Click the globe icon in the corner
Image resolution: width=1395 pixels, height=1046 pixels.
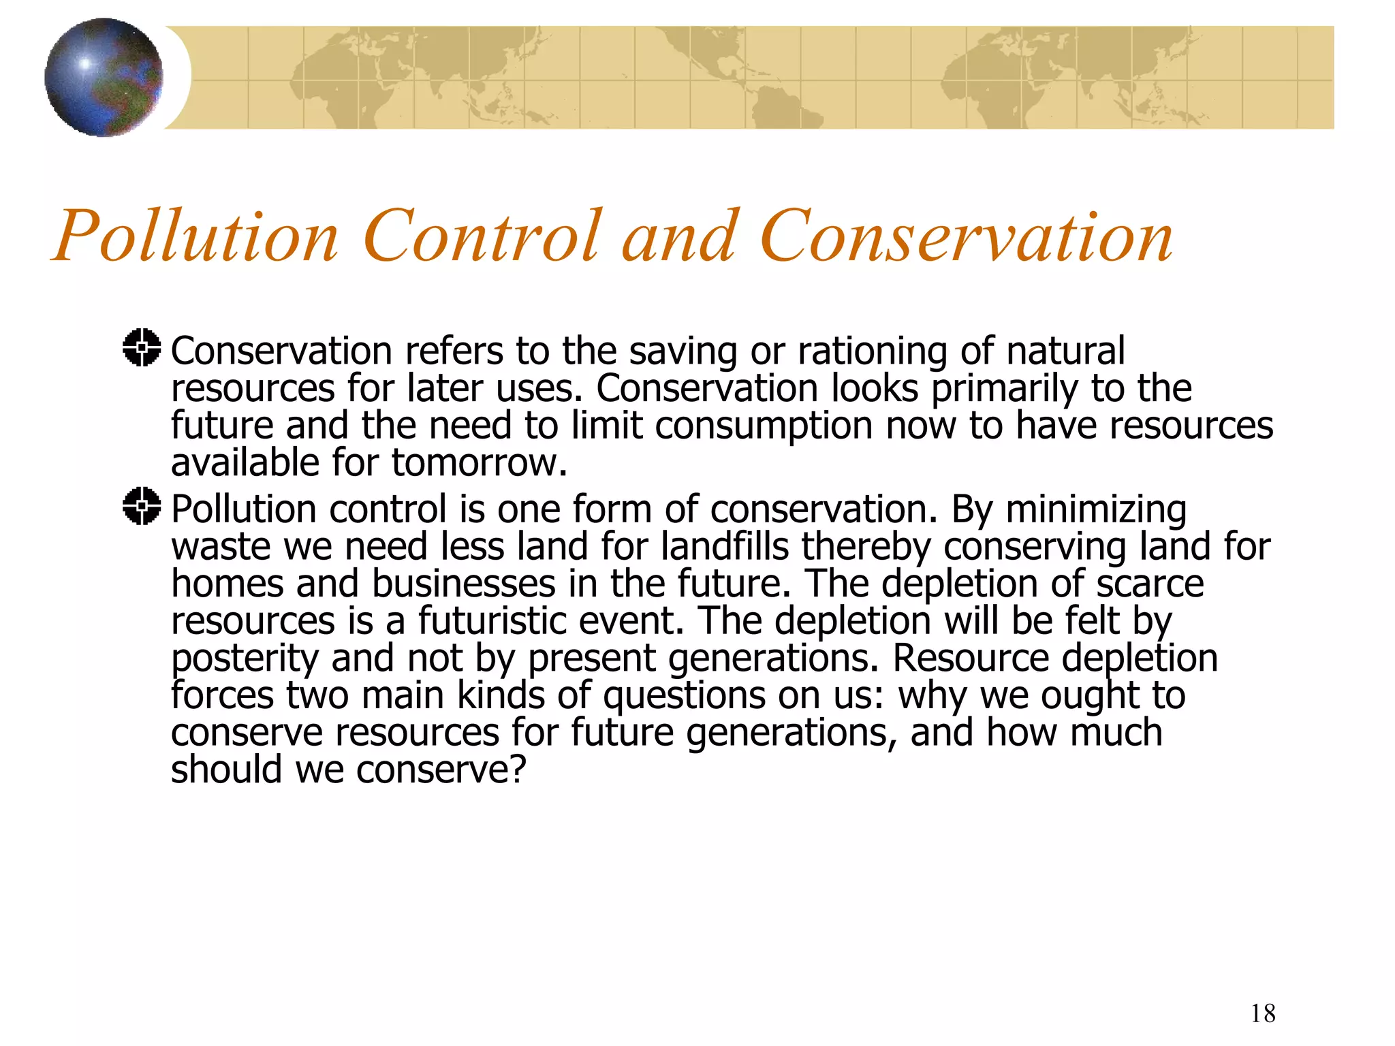pyautogui.click(x=104, y=77)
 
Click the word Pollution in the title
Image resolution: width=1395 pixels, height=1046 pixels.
pyautogui.click(x=195, y=236)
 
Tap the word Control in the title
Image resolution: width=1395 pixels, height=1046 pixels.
pyautogui.click(x=483, y=236)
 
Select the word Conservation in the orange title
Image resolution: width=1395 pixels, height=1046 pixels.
pyautogui.click(x=966, y=236)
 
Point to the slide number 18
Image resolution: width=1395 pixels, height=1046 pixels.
pyautogui.click(x=1263, y=1013)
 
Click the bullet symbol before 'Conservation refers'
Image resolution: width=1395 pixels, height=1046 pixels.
pyautogui.click(x=142, y=348)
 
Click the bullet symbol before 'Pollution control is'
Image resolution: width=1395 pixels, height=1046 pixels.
pyautogui.click(x=142, y=507)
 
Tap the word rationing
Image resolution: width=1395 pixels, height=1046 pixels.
pyautogui.click(x=873, y=352)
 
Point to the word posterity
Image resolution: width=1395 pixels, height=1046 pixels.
pyautogui.click(x=245, y=659)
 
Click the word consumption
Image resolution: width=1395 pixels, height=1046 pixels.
pyautogui.click(x=764, y=426)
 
